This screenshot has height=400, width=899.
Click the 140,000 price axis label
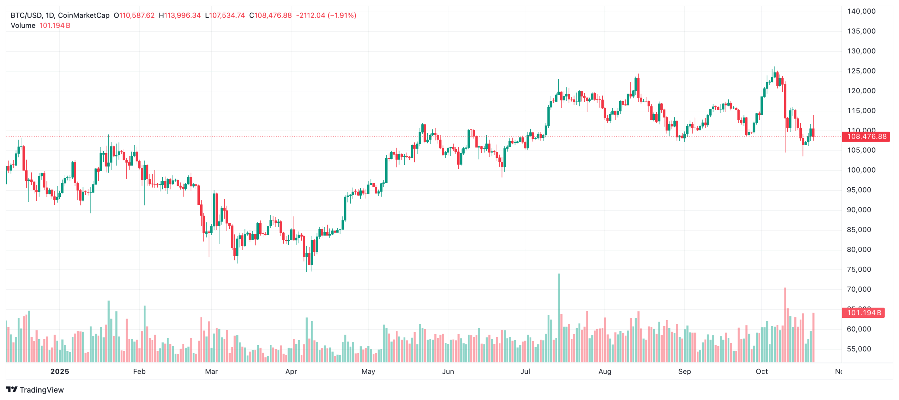click(861, 11)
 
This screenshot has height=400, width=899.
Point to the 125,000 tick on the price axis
click(861, 71)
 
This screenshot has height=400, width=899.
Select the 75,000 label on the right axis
click(861, 270)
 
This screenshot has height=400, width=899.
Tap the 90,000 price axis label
click(861, 210)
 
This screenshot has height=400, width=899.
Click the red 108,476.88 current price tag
click(866, 137)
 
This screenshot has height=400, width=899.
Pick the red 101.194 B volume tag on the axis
click(864, 313)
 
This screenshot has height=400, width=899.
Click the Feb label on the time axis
click(139, 372)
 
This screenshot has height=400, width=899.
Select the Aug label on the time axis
click(605, 372)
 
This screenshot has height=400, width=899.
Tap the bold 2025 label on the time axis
click(60, 372)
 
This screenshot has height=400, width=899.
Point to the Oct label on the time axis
click(761, 372)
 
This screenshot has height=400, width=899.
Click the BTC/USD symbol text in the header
click(26, 15)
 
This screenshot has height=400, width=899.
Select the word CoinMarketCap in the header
click(84, 15)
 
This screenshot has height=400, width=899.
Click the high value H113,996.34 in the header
click(179, 15)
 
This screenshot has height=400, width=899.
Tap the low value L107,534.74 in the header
click(225, 15)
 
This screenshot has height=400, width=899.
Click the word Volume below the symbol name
click(23, 26)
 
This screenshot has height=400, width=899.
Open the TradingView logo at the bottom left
click(35, 390)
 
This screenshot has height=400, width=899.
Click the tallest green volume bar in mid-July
click(558, 316)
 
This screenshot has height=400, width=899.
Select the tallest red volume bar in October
click(785, 323)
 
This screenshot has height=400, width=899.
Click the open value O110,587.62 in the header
click(134, 15)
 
